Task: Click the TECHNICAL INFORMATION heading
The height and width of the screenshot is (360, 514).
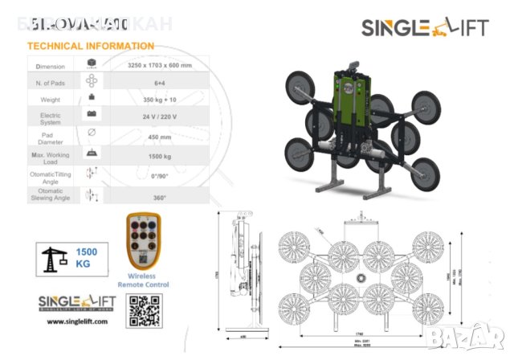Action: pos(90,46)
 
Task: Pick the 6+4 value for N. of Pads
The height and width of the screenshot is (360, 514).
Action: pos(157,81)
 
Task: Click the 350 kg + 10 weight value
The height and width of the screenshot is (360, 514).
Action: pos(157,99)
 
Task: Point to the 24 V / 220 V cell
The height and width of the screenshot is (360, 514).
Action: pos(157,117)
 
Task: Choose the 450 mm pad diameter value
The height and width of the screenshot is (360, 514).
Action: pos(157,135)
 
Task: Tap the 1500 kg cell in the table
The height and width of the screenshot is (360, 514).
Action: pos(157,153)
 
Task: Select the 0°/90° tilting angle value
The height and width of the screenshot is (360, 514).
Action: pos(157,173)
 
